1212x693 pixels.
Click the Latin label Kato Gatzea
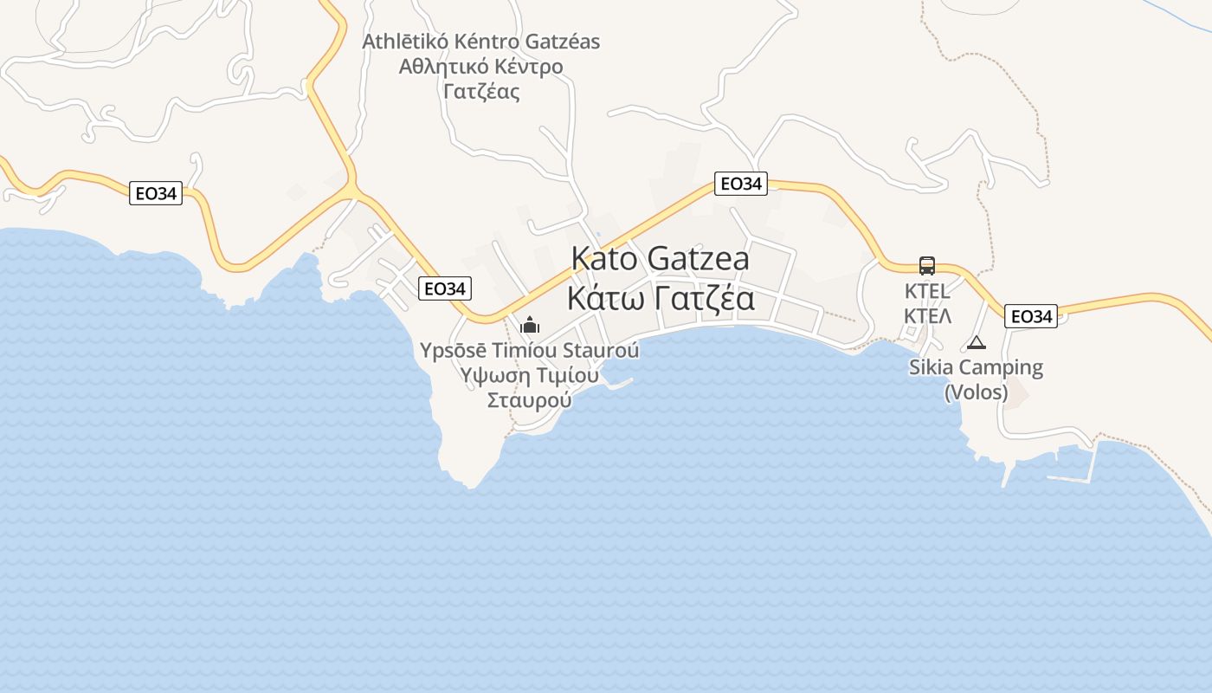[660, 258]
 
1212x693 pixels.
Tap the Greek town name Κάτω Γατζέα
[660, 298]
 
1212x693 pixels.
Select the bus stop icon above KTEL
[926, 266]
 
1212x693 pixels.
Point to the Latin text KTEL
[927, 290]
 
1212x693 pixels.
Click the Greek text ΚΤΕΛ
[927, 315]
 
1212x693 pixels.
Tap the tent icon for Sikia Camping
[977, 342]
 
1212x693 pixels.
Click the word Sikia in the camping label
[932, 367]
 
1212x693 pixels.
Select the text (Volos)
[976, 392]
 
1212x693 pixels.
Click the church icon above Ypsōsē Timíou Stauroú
[529, 326]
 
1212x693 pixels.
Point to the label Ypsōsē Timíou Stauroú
[529, 351]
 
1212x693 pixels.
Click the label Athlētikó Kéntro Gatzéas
[480, 42]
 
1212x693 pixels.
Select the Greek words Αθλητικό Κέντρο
[480, 67]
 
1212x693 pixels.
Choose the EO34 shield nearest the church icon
[444, 288]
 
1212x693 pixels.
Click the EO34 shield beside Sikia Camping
[1030, 316]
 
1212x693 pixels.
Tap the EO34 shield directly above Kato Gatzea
[741, 184]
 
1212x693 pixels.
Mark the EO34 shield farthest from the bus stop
[156, 193]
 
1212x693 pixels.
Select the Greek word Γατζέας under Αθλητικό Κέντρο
[480, 91]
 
